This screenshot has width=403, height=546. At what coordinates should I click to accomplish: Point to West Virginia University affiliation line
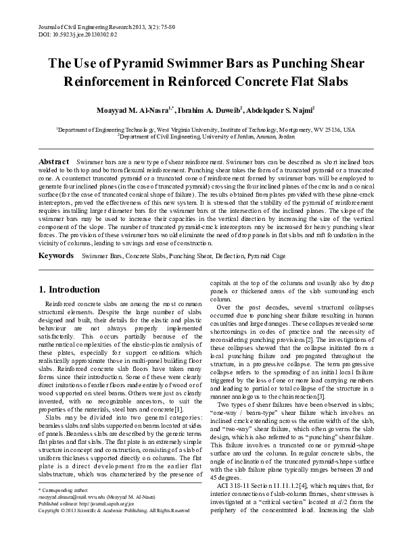click(x=201, y=128)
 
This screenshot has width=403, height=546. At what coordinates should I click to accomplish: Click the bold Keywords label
click(x=56, y=257)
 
